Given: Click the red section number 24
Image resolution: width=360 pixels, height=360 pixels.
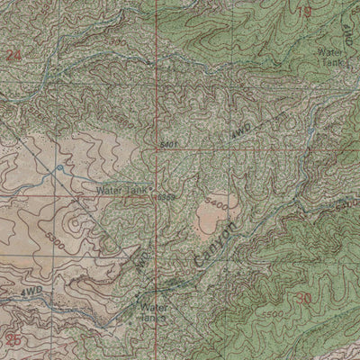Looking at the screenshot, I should tap(13, 56).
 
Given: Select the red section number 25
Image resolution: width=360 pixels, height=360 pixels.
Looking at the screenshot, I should tap(13, 339).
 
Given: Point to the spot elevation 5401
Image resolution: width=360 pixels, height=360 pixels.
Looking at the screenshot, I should tap(166, 141).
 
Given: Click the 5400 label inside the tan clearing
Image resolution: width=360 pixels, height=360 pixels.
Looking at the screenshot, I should tap(216, 202).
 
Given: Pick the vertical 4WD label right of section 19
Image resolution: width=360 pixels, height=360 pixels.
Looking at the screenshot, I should tap(346, 36).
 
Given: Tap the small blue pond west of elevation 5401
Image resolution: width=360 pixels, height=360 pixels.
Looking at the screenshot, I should tap(59, 166).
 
